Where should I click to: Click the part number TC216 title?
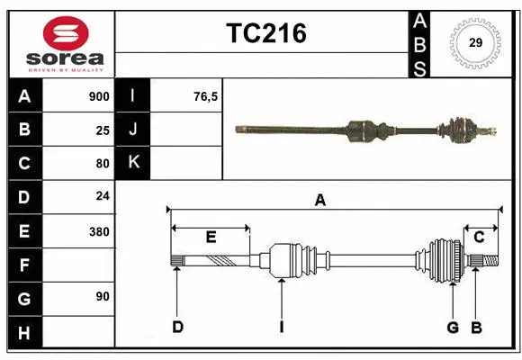(x=265, y=33)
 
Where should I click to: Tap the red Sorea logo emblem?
(x=66, y=34)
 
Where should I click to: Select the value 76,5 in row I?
(x=205, y=96)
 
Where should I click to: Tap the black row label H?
(x=24, y=333)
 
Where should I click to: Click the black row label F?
(x=24, y=265)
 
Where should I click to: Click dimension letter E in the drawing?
(x=211, y=238)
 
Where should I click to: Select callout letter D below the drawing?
(x=177, y=327)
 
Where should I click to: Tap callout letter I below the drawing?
(x=282, y=327)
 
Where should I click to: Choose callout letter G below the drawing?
(x=453, y=327)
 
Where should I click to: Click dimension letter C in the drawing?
(x=479, y=238)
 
